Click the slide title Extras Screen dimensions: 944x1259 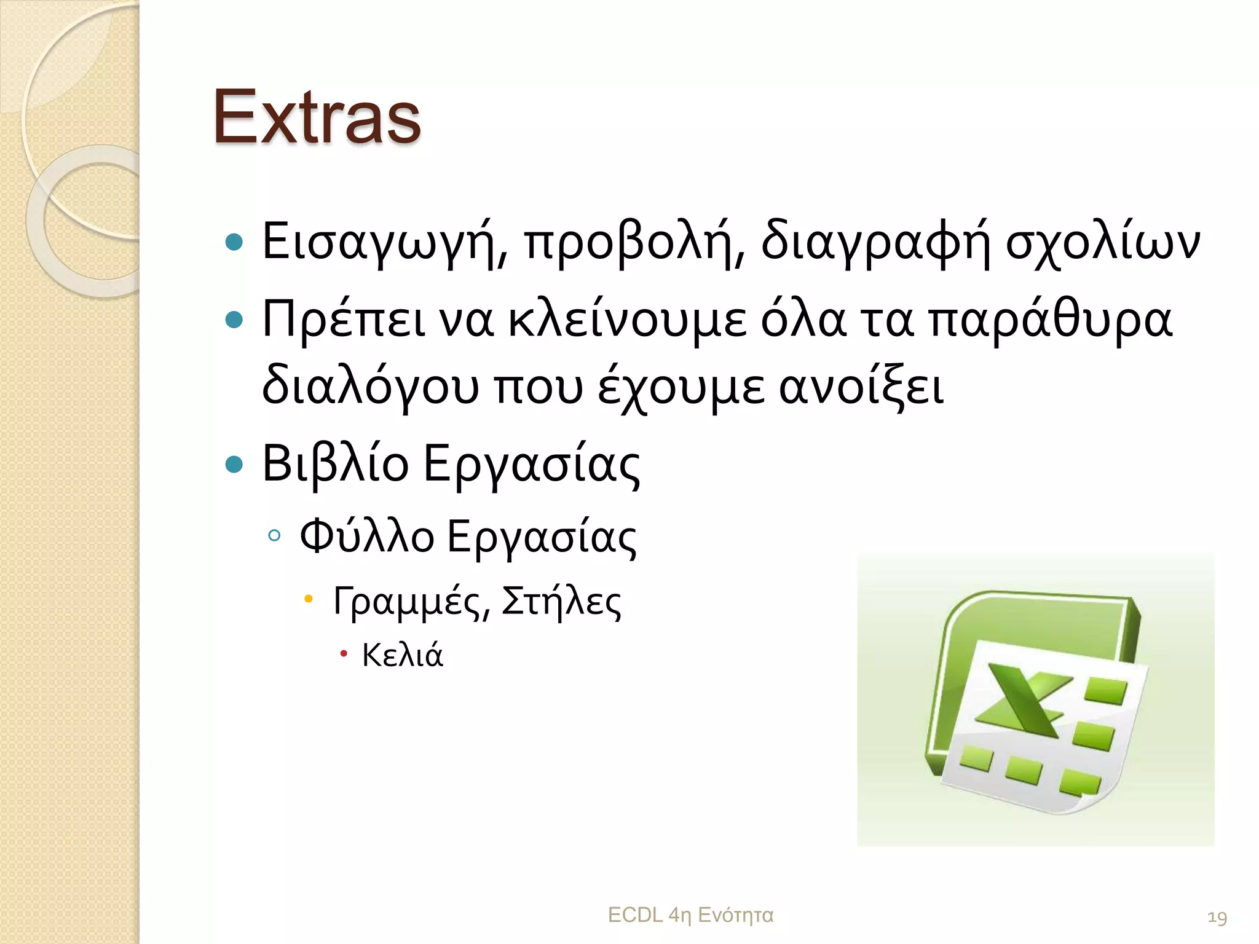coord(317,117)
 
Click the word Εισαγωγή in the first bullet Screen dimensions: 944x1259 coord(384,242)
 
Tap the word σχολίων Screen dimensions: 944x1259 coord(1102,242)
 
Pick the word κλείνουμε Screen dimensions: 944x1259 coord(626,320)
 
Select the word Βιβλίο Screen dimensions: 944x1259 coord(335,463)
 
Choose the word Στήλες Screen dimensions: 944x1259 coord(561,601)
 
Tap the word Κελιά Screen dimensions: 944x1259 coord(402,655)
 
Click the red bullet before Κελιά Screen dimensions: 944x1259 coord(344,653)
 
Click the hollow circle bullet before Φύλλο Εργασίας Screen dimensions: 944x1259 coord(274,535)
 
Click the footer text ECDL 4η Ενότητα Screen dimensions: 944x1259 coord(690,915)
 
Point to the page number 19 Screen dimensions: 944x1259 coord(1217,918)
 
